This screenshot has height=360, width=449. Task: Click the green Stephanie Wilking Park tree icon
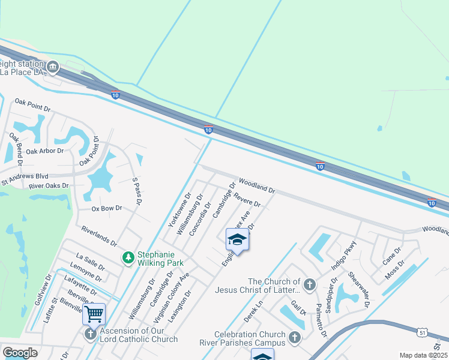point(127,257)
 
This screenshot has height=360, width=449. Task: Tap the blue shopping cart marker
point(94,313)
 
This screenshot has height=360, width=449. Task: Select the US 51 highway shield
point(423,331)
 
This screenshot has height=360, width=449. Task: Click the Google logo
point(20,353)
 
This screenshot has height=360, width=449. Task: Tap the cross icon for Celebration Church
point(294,338)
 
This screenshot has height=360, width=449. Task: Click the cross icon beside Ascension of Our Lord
point(91,334)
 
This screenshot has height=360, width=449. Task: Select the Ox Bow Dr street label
point(106,208)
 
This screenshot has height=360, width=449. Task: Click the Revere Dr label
point(247,200)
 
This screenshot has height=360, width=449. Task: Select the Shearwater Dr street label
point(358,290)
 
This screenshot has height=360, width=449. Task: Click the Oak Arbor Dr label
point(44,151)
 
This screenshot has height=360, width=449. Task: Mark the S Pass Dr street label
point(136,191)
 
